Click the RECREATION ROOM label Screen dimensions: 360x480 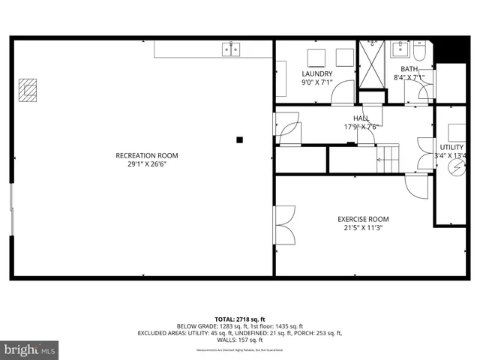coord(147,156)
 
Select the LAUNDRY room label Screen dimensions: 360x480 coord(317,73)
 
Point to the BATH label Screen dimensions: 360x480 coord(409,69)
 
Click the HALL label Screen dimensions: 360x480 coord(361,118)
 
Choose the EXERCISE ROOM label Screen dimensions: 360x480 coord(362,219)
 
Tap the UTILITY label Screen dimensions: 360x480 coord(452,148)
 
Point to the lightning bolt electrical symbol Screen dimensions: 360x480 coord(455,168)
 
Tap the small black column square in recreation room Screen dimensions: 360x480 coord(239,139)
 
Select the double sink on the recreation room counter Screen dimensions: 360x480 coord(231,49)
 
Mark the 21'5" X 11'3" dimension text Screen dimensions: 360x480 coord(362,228)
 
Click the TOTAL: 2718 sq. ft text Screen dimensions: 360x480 coord(240,319)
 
